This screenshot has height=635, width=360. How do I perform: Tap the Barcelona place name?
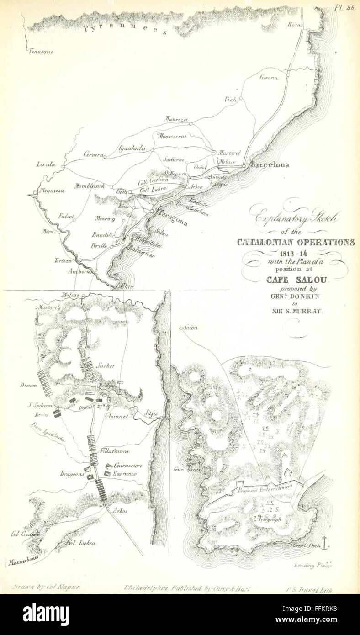click(270, 165)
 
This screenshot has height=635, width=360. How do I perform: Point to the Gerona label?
click(269, 78)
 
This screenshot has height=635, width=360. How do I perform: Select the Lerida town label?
click(46, 164)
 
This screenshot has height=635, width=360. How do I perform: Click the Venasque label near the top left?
click(41, 52)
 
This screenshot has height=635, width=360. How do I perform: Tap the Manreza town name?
click(176, 119)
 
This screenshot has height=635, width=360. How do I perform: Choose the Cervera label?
click(93, 154)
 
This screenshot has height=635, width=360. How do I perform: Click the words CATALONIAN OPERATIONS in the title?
click(296, 243)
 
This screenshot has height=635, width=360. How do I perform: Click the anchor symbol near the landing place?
click(324, 542)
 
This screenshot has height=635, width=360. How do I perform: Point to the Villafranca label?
click(114, 451)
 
